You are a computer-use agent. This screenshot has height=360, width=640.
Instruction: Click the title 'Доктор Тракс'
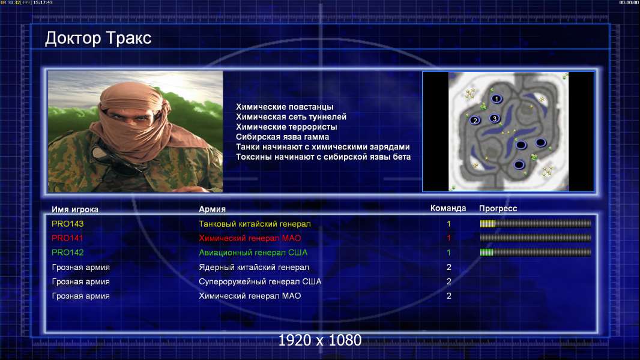tap(98, 38)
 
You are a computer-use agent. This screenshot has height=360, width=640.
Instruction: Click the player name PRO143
tap(67, 224)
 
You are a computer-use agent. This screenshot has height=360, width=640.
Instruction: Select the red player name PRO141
tap(67, 238)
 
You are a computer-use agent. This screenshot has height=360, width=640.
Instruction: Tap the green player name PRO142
tap(67, 253)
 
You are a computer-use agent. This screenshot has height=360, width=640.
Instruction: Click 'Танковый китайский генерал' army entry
tap(255, 224)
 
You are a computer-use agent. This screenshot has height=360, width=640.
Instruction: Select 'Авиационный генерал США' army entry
tap(253, 253)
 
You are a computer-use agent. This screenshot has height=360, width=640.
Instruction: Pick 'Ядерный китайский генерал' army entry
tap(254, 268)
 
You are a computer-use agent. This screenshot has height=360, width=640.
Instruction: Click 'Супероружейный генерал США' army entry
tap(260, 282)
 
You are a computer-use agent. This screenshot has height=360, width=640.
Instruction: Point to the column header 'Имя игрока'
tap(74, 209)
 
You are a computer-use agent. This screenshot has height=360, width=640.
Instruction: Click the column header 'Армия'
tap(213, 209)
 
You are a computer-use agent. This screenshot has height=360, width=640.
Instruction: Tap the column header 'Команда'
tap(448, 208)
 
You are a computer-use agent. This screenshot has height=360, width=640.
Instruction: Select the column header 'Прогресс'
tap(498, 208)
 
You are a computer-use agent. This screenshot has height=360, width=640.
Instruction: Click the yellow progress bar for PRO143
tap(536, 223)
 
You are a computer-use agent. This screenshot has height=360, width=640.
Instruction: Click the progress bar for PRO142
tap(536, 253)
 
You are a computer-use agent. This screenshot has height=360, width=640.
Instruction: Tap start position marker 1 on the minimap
tap(497, 98)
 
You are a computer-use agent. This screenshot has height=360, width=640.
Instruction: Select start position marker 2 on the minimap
tap(475, 120)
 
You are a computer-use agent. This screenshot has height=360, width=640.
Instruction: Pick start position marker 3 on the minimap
tap(494, 119)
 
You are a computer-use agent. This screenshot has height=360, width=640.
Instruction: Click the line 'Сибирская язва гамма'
tap(282, 137)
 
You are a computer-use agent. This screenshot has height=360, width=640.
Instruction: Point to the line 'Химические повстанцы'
tap(285, 107)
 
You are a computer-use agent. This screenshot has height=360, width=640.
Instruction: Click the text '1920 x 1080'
tap(320, 340)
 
